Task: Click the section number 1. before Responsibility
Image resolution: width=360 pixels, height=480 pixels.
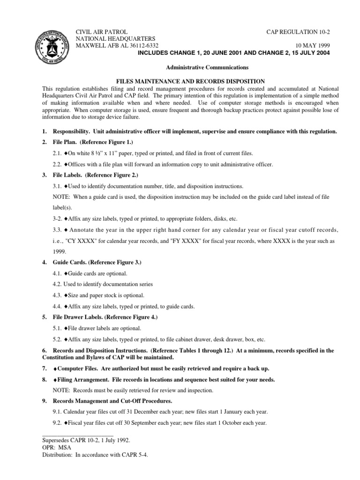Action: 45,132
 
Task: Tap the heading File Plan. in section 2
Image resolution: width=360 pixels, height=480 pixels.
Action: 66,142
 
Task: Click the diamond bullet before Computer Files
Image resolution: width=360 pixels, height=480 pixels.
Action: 55,368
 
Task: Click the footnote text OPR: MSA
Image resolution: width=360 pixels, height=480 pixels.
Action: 58,448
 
